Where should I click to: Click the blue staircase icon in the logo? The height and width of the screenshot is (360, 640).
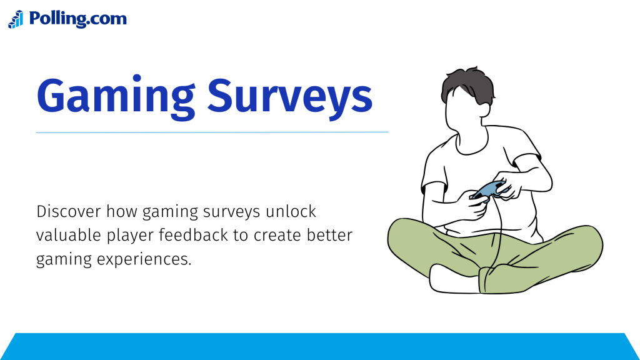[x=16, y=19]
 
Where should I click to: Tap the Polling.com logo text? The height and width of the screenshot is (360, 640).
[x=77, y=19]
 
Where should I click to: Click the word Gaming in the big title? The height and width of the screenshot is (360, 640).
[x=116, y=96]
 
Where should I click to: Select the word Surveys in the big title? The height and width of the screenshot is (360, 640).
[x=290, y=96]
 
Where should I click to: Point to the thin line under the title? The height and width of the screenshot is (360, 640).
[x=212, y=132]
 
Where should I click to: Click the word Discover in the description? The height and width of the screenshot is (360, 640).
[x=67, y=212]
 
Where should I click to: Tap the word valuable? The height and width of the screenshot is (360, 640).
[x=63, y=236]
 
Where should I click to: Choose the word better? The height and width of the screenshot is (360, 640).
[x=332, y=236]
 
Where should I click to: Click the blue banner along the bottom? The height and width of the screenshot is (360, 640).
[x=320, y=347]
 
